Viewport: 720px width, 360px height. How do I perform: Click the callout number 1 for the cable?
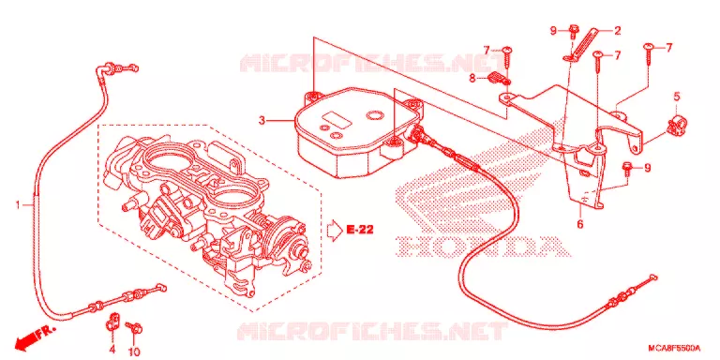19,204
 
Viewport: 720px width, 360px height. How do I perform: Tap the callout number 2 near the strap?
617,31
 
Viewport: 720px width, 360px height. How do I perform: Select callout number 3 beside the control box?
262,121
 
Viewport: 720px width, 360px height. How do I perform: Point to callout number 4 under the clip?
112,350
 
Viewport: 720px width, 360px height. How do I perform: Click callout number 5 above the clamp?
677,97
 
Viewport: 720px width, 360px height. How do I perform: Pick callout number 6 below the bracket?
579,225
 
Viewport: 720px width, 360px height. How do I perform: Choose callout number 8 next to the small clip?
472,78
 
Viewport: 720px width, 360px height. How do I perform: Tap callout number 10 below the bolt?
134,352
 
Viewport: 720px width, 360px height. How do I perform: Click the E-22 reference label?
360,230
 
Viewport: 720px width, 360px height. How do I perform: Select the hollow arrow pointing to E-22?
335,230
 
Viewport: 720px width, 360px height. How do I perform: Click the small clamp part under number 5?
677,126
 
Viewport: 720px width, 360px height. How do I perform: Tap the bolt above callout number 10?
134,327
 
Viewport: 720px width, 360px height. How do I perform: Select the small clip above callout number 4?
112,321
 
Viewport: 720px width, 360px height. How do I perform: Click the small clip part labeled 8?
498,78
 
